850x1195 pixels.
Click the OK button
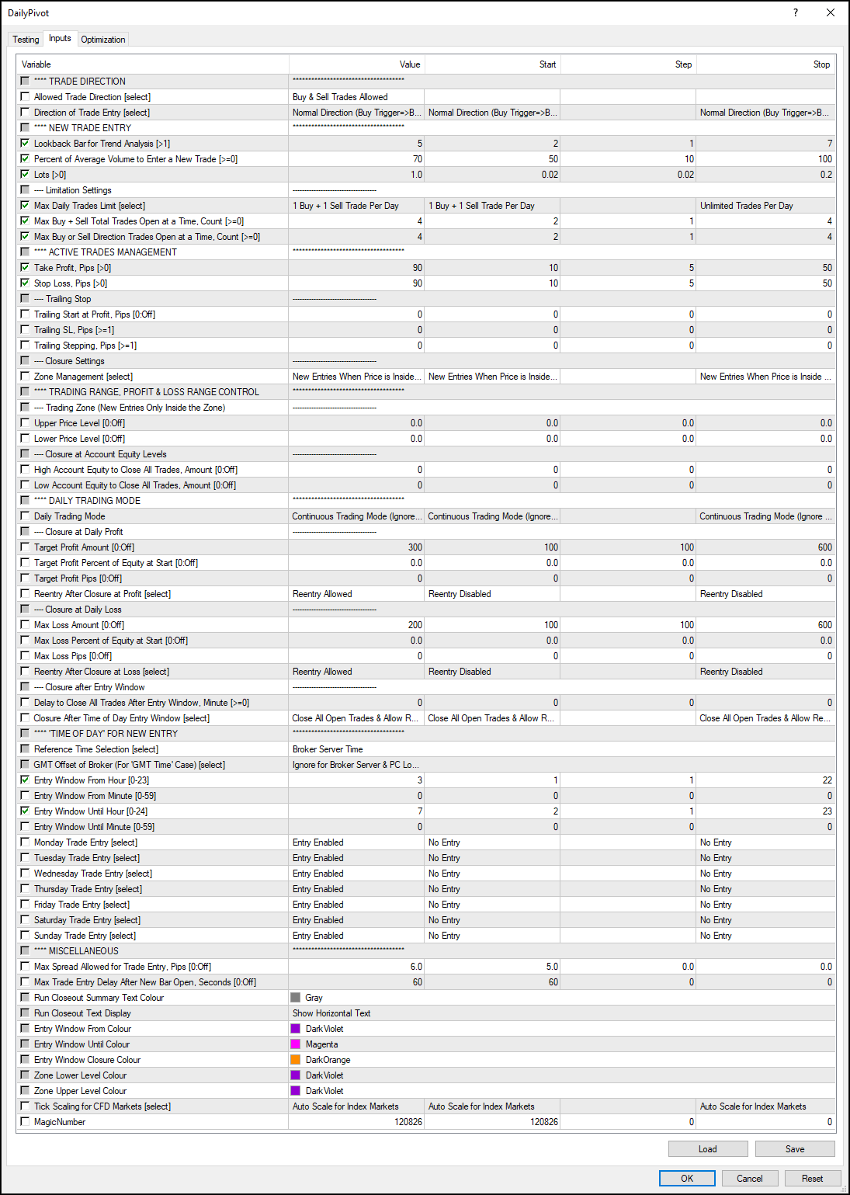click(x=687, y=1178)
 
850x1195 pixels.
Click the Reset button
click(x=812, y=1178)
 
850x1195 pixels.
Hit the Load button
click(x=707, y=1148)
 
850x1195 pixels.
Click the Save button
click(x=794, y=1148)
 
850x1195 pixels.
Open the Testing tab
click(x=26, y=40)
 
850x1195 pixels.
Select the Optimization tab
click(x=102, y=40)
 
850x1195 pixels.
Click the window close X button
click(x=830, y=12)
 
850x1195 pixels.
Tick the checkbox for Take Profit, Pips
click(x=25, y=267)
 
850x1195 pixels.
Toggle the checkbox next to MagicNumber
click(x=25, y=1121)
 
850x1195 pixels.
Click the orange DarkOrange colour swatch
click(x=295, y=1059)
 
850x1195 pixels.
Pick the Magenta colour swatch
click(x=295, y=1044)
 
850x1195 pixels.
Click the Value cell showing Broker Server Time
click(x=356, y=749)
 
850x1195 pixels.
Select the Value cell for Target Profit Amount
click(x=356, y=547)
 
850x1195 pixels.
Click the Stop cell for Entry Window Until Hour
click(x=765, y=811)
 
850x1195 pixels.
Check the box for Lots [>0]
click(x=25, y=174)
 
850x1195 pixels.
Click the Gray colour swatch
click(x=295, y=997)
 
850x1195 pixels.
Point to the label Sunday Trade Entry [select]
click(x=85, y=936)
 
